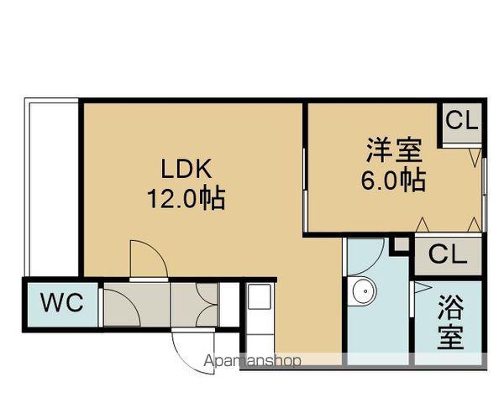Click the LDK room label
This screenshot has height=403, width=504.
[x=186, y=169]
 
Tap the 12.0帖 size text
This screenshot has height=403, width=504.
[x=186, y=198]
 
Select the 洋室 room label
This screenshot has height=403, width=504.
[x=394, y=150]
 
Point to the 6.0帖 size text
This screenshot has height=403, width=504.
[x=393, y=180]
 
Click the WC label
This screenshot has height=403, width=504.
[x=62, y=302]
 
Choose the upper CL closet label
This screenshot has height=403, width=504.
[x=461, y=121]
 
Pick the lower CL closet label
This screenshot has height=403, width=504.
[x=448, y=255]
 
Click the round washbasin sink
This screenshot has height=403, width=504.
[x=365, y=290]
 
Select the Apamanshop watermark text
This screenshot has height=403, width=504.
[x=252, y=360]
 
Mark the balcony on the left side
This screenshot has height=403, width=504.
[x=51, y=187]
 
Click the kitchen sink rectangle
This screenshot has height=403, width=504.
[x=259, y=296]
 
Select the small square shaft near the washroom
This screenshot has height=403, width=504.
[x=401, y=244]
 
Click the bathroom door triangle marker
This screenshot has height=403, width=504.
[x=422, y=288]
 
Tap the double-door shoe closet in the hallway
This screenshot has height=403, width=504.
[x=195, y=305]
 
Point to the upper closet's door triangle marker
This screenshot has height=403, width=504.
[x=475, y=157]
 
